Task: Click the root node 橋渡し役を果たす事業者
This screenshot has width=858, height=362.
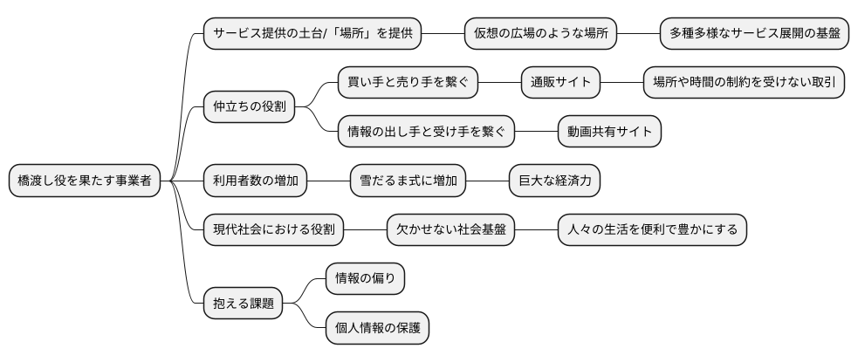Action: pyautogui.click(x=85, y=181)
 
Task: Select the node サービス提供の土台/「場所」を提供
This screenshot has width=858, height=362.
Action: pyautogui.click(x=312, y=35)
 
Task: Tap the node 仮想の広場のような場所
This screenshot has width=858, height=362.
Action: pyautogui.click(x=541, y=35)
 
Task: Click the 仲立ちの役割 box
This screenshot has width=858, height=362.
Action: pyautogui.click(x=248, y=108)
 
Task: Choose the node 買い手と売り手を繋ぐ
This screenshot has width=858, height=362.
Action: pyautogui.click(x=408, y=84)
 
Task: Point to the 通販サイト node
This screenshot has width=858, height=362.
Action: pyautogui.click(x=560, y=84)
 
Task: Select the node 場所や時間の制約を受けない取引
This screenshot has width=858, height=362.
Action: pyautogui.click(x=743, y=84)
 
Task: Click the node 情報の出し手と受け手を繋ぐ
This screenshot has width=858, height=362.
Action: pyautogui.click(x=426, y=133)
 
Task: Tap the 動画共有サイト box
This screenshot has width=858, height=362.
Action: pyautogui.click(x=609, y=133)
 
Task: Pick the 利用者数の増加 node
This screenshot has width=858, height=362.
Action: pyautogui.click(x=255, y=181)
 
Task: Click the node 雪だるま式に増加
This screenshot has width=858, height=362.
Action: pyautogui.click(x=407, y=181)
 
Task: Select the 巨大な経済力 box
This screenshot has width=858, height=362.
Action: pyautogui.click(x=554, y=181)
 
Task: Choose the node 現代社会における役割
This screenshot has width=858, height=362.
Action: pyautogui.click(x=273, y=230)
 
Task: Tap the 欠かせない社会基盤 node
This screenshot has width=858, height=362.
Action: pyautogui.click(x=450, y=230)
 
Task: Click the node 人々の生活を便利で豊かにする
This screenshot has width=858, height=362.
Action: pyautogui.click(x=652, y=230)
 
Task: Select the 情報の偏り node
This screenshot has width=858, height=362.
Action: pyautogui.click(x=365, y=279)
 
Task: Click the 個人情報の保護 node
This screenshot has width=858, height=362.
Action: pyautogui.click(x=377, y=328)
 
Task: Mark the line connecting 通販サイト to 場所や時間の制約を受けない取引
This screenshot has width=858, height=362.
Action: pyautogui.click(x=621, y=84)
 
